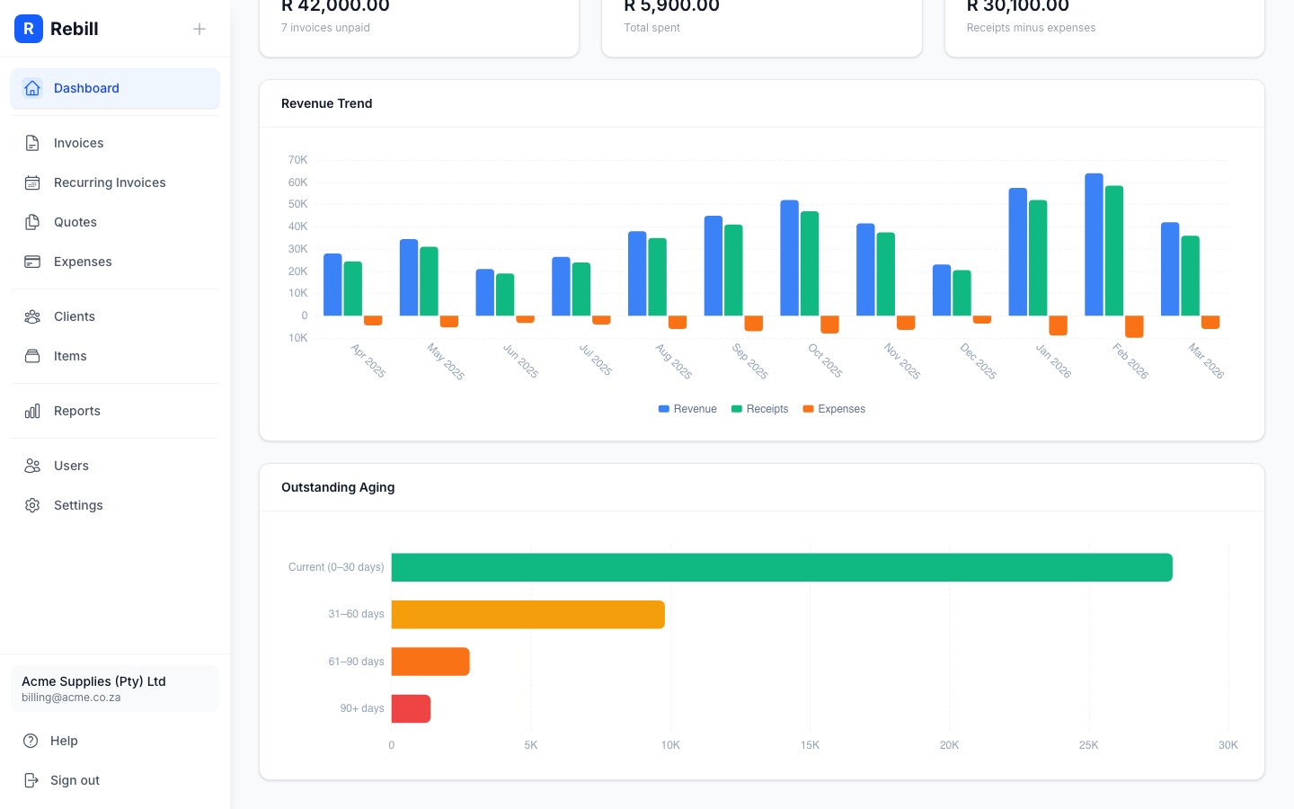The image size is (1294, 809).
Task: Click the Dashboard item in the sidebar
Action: [86, 88]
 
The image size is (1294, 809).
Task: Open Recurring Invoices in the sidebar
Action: [110, 182]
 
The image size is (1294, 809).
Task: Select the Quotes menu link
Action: [75, 222]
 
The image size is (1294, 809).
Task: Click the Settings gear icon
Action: [32, 505]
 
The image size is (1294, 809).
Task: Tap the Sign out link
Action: [75, 780]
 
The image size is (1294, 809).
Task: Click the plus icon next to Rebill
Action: [199, 29]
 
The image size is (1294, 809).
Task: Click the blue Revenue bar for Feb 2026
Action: [1094, 244]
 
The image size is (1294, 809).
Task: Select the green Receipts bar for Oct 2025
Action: [810, 263]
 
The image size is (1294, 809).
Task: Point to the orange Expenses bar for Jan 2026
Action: [1058, 324]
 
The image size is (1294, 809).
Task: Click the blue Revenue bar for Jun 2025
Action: [484, 292]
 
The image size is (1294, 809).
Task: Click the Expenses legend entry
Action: [834, 409]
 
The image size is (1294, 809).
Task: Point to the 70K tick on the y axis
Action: [297, 160]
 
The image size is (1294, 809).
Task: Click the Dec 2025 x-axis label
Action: [979, 360]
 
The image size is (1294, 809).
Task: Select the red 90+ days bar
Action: [411, 708]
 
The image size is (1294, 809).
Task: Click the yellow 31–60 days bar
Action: [527, 615]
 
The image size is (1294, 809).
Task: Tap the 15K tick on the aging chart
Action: [810, 745]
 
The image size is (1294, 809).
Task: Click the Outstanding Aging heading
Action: [338, 487]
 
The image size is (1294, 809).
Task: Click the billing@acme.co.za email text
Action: [71, 698]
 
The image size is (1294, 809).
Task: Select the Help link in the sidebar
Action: [64, 741]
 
